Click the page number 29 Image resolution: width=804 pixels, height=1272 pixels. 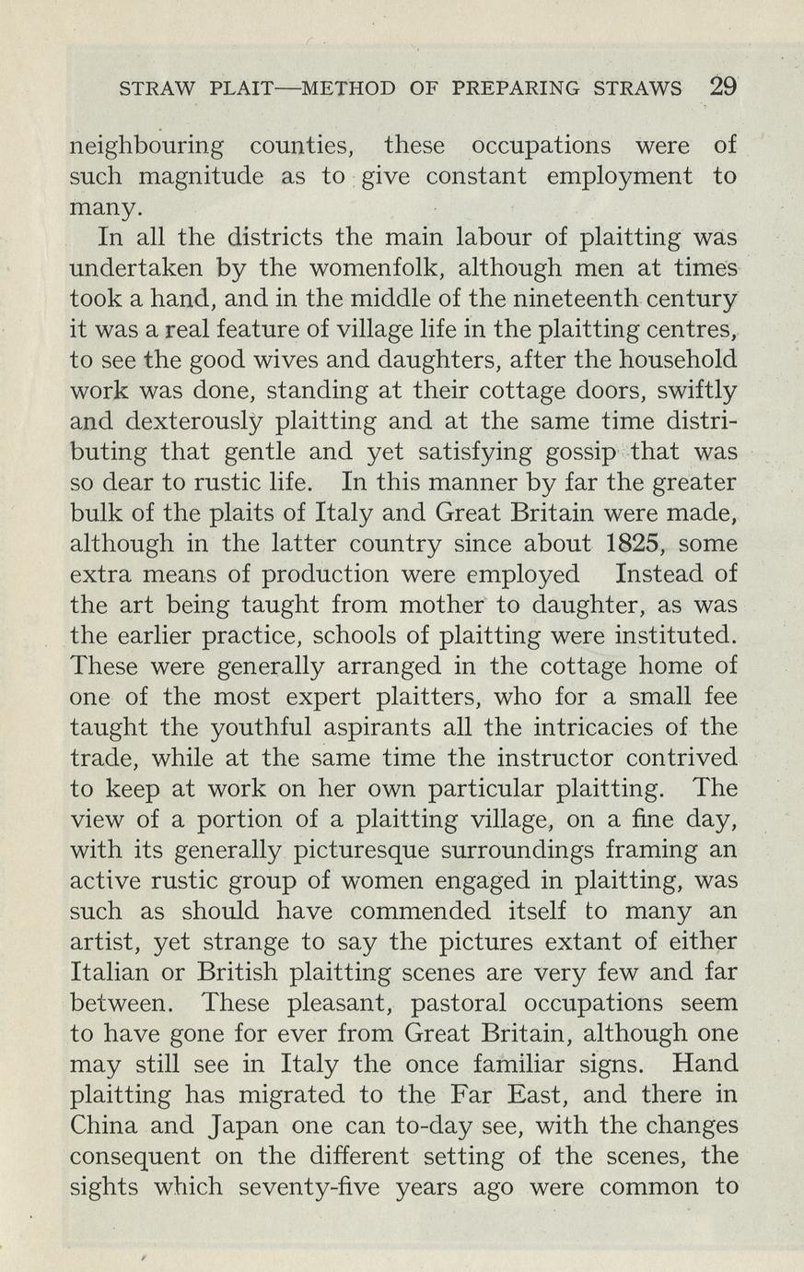723,87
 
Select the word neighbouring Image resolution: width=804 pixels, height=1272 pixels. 147,147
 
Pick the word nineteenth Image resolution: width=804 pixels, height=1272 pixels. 526,299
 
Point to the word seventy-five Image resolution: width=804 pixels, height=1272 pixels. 309,1186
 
